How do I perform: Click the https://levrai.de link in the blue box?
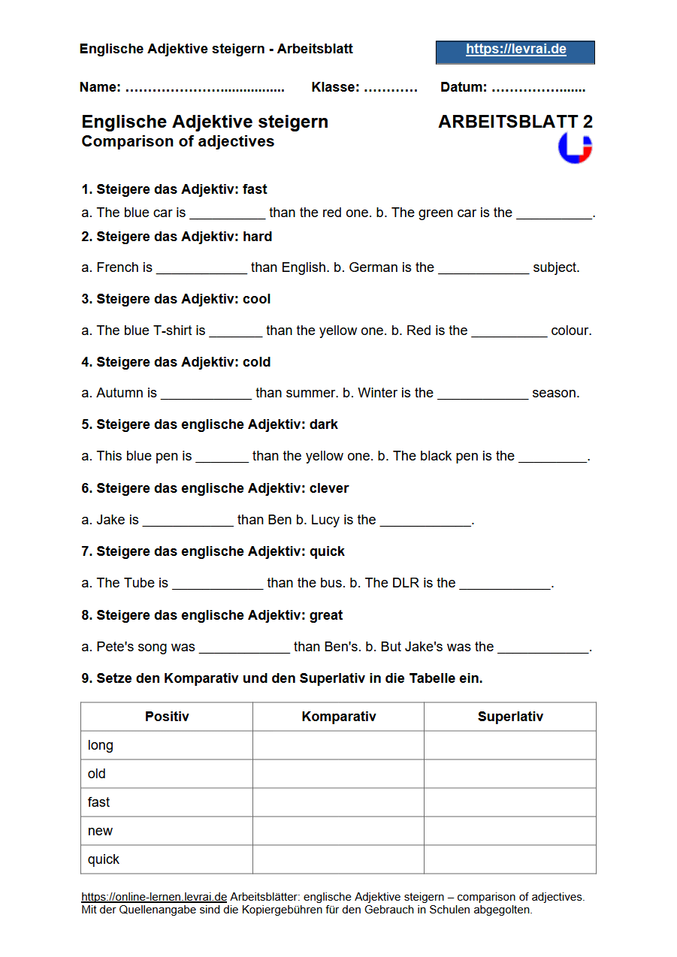point(515,50)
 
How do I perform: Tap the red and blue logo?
point(575,148)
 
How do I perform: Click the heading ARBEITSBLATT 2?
point(515,122)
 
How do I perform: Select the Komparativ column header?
point(338,717)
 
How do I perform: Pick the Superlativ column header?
point(510,717)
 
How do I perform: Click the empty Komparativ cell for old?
point(338,774)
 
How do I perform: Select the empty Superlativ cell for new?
point(510,831)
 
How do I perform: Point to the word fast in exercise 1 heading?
point(255,189)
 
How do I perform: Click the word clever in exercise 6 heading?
point(329,488)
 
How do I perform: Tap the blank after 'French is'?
point(201,268)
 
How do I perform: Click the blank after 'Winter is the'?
point(482,394)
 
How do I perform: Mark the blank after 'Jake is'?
point(188,521)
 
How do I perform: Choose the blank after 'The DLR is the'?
point(505,584)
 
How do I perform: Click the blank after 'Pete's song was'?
point(244,648)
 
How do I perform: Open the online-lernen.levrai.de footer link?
point(154,897)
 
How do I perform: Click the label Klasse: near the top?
point(335,87)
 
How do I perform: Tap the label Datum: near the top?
point(464,87)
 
